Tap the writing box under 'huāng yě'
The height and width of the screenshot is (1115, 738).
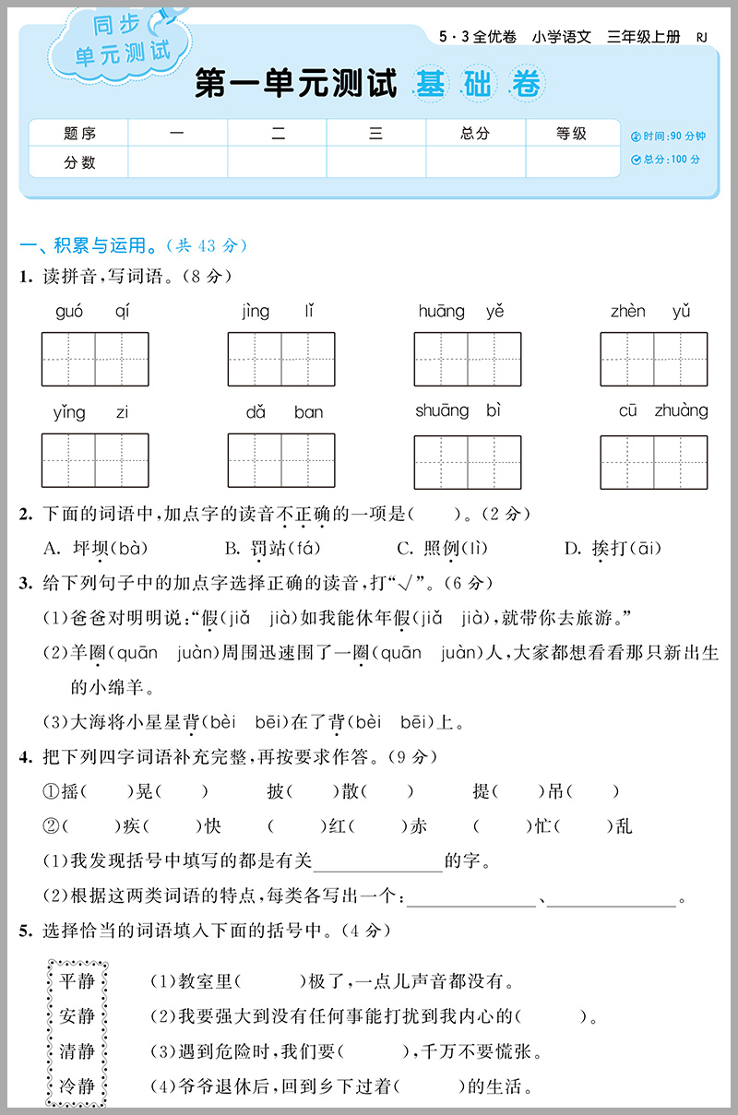[467, 359]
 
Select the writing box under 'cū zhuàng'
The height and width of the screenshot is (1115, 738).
[653, 461]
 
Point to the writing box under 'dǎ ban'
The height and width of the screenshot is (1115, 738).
[281, 460]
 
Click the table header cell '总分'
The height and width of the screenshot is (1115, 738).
[475, 134]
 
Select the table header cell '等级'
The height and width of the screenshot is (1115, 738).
[572, 134]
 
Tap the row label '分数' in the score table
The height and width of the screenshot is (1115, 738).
[79, 162]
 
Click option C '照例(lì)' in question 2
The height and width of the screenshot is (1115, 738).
[442, 549]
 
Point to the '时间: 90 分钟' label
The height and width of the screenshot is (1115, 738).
[668, 136]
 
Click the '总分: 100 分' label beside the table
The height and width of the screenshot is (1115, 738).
[665, 160]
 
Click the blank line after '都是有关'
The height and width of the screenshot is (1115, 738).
[378, 863]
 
